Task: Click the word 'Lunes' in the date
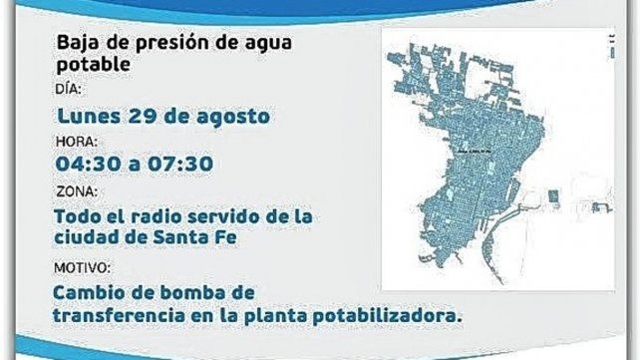pyautogui.click(x=89, y=116)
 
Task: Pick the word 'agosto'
pyautogui.click(x=233, y=116)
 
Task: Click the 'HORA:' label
pyautogui.click(x=75, y=141)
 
